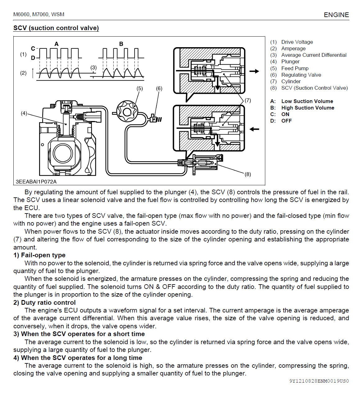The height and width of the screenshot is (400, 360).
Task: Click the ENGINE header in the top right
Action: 336,15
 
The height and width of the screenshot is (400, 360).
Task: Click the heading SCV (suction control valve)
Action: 56,28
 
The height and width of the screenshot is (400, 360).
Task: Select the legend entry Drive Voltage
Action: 297,42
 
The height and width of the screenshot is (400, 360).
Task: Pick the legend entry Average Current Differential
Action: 314,55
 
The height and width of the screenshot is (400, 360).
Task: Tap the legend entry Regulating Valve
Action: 301,75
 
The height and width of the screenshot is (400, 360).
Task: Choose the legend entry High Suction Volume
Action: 308,108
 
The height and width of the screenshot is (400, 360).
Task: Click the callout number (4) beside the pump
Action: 24,113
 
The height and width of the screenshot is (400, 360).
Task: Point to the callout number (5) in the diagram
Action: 140,88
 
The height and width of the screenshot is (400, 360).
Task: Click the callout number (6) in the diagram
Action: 159,88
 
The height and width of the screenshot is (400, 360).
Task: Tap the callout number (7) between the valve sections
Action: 248,100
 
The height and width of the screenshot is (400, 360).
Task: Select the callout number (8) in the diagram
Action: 248,174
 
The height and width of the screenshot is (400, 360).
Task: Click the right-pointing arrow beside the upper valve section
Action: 254,71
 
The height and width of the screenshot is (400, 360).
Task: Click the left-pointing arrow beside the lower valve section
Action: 254,129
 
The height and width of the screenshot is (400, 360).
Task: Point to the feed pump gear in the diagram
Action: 127,111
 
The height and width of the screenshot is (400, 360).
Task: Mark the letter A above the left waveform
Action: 57,44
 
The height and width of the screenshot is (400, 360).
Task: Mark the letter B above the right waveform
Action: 121,44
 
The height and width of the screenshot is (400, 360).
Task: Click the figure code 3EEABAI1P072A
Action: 36,182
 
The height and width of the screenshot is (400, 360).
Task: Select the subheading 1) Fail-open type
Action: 39,255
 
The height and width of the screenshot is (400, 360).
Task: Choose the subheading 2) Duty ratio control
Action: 44,303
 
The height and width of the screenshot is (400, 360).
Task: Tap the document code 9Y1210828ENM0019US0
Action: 319,381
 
